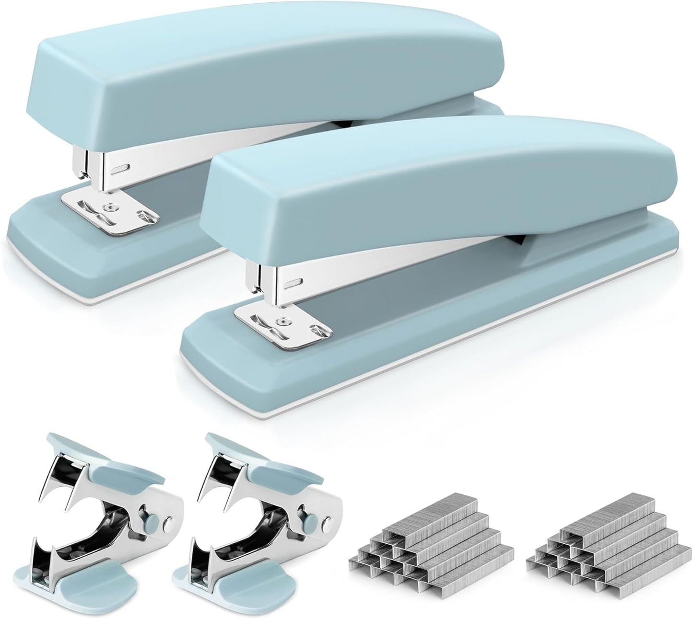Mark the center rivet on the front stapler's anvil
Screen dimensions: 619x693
coord(279,320)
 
